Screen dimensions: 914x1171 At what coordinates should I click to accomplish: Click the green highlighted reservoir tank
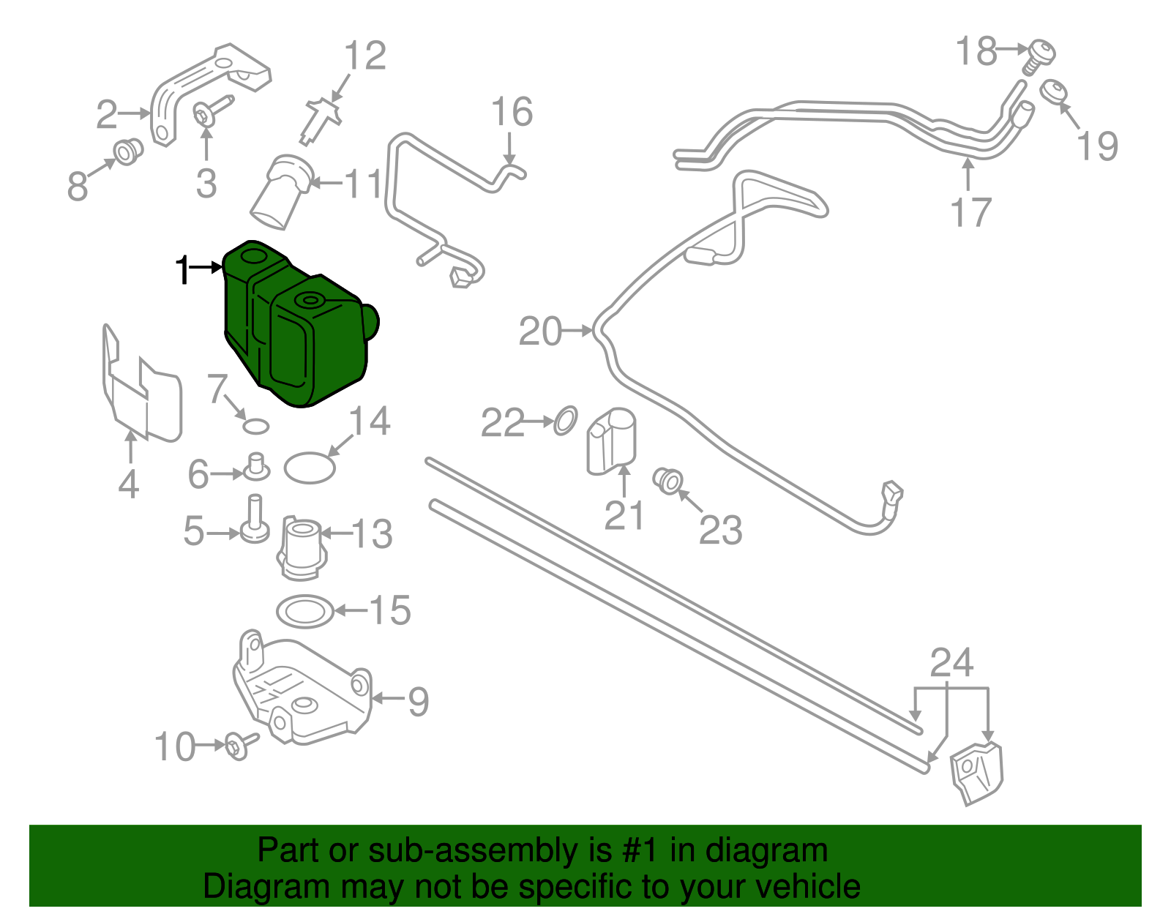(x=300, y=326)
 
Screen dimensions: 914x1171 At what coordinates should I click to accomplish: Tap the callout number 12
(x=364, y=56)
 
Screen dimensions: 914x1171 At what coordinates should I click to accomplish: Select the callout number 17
(x=970, y=212)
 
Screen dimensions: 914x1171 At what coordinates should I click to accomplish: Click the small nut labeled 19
(x=1054, y=93)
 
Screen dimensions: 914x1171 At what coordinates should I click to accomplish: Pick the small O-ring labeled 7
(x=256, y=426)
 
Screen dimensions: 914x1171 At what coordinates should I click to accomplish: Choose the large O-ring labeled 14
(x=310, y=468)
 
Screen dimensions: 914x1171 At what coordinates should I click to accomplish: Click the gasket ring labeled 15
(x=305, y=611)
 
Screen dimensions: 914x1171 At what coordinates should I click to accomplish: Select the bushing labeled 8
(x=128, y=151)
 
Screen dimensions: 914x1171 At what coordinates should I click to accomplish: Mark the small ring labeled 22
(x=565, y=421)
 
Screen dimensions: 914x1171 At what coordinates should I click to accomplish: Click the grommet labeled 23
(x=668, y=480)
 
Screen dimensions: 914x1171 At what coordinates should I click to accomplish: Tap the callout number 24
(x=951, y=663)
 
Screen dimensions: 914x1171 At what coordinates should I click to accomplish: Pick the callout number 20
(x=540, y=331)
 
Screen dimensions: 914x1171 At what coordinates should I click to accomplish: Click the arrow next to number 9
(x=388, y=699)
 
